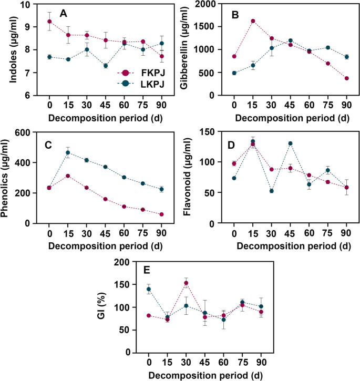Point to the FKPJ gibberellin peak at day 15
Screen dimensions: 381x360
(x=252, y=21)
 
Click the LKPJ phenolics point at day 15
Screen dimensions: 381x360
(x=67, y=153)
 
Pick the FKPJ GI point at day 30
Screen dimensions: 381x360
(x=186, y=283)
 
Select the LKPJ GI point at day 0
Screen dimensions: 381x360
(x=149, y=289)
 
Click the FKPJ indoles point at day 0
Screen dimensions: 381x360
(x=49, y=22)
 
